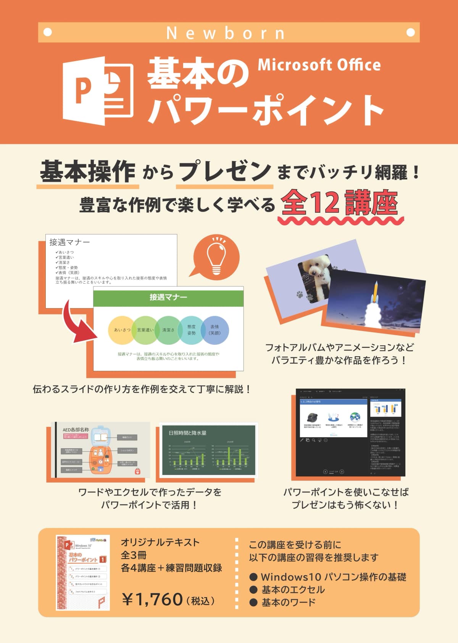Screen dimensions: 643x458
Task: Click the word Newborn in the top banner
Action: click(x=226, y=33)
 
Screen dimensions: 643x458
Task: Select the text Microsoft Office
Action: click(x=319, y=65)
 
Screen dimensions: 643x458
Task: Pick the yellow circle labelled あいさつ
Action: click(x=122, y=330)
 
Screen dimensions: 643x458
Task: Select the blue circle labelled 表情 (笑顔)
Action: click(x=215, y=330)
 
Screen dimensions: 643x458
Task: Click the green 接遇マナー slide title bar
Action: click(x=168, y=297)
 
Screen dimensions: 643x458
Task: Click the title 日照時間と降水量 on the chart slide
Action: click(x=187, y=433)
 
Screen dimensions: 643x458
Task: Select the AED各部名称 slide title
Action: click(x=76, y=430)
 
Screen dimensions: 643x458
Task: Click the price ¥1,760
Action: click(x=152, y=599)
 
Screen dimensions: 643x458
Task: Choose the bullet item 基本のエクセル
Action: click(x=293, y=590)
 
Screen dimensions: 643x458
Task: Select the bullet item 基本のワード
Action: click(x=288, y=603)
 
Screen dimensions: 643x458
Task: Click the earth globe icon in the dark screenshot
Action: click(x=355, y=417)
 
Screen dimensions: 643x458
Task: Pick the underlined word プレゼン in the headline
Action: click(x=225, y=171)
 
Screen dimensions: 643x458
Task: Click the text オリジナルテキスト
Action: click(x=160, y=542)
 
